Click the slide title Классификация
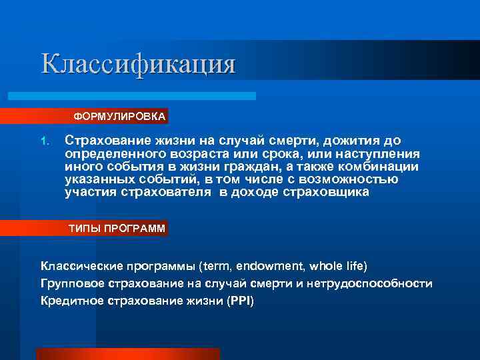139,64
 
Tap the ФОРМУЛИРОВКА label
119,117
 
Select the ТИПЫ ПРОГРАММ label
117,228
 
